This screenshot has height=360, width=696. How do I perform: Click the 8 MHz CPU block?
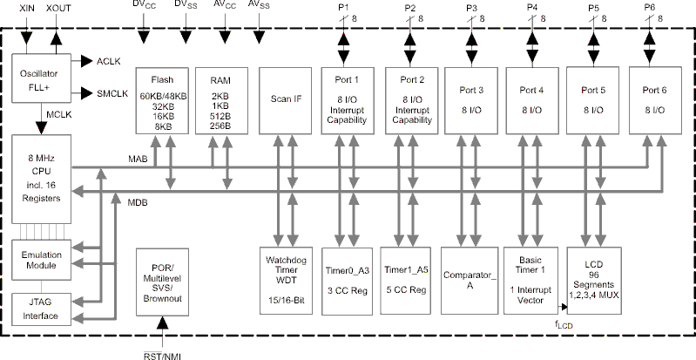coord(37,178)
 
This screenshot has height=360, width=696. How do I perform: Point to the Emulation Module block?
coord(37,259)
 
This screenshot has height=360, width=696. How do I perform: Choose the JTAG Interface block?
coord(37,309)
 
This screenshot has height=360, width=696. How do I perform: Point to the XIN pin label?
coord(25,8)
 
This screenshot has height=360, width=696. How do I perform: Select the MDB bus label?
coord(137,202)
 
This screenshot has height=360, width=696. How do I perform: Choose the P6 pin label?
coord(650,8)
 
